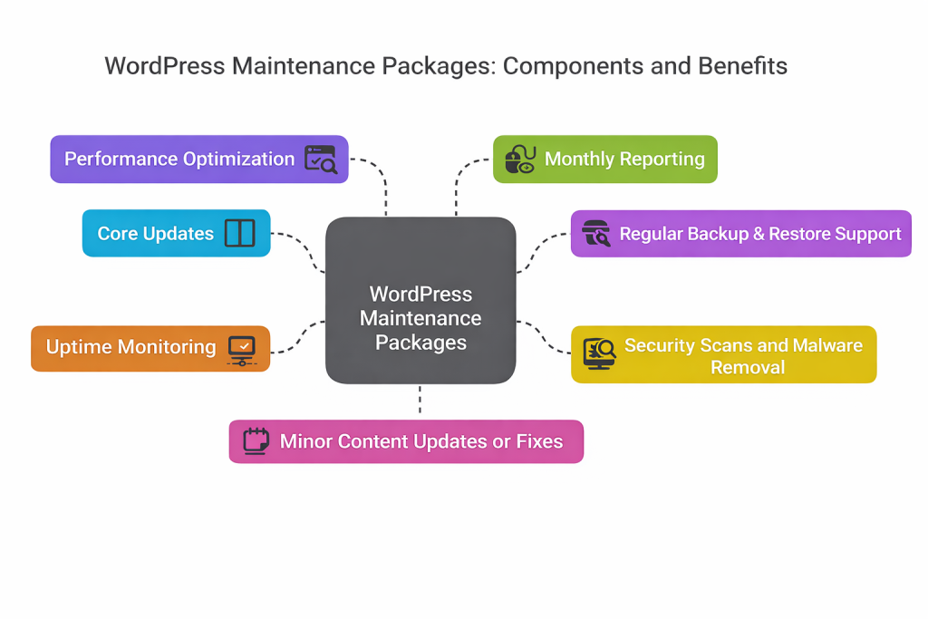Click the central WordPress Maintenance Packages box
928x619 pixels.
pos(420,299)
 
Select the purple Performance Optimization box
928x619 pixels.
pos(199,160)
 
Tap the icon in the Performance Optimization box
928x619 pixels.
pos(320,160)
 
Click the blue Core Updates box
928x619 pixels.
pos(176,233)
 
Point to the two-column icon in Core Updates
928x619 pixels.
pos(240,233)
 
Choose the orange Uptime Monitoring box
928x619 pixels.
pos(150,348)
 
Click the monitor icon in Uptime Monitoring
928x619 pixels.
pos(242,349)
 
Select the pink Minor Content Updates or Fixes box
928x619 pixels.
pos(406,441)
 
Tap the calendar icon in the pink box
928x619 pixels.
pos(257,441)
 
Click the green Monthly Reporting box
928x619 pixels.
pos(604,160)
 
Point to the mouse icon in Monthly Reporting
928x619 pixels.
pos(519,160)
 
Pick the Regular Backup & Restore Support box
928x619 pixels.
pos(740,234)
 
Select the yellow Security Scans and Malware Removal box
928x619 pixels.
pos(723,354)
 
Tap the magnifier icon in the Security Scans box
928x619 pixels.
pos(599,353)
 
